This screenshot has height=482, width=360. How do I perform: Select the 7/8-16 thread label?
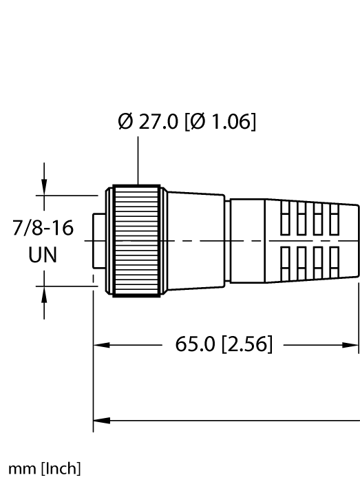coord(43,229)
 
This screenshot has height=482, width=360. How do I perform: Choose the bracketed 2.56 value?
coord(246,344)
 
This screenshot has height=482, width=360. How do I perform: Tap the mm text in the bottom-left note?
coord(19,470)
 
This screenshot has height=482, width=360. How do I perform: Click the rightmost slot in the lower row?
coord(335,258)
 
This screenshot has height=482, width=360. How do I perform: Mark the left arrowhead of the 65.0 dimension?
coord(100,344)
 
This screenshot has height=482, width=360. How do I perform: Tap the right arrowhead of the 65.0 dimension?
coord(352,344)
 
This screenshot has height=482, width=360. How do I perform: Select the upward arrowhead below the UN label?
coord(45,295)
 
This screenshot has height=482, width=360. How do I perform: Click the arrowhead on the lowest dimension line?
coord(100,418)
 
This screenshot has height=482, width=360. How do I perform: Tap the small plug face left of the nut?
coord(99,240)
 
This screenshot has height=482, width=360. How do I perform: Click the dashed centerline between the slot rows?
coord(310,240)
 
